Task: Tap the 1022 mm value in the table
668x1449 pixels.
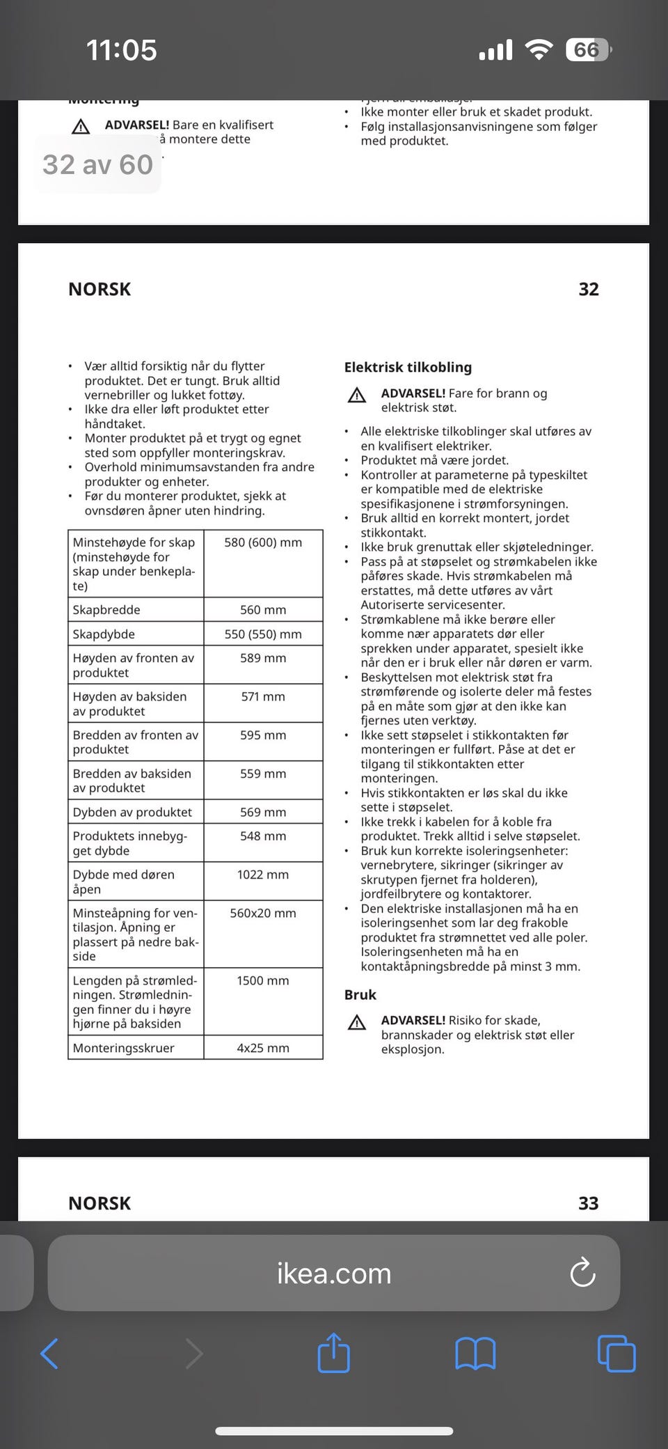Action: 263,875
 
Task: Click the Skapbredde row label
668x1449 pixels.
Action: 106,610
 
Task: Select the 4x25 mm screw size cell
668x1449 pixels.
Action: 263,1048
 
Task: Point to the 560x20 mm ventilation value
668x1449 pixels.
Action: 263,913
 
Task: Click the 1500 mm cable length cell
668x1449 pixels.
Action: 263,980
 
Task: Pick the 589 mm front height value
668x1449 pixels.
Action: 263,658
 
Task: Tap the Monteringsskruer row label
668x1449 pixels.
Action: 124,1048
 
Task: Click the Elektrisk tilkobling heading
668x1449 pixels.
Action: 408,367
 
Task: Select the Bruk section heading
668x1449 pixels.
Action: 360,994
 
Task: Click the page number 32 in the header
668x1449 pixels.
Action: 589,289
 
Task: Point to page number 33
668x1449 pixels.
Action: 589,1203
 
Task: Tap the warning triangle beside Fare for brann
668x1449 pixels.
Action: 357,395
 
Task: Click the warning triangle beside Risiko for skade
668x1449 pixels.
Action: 357,1022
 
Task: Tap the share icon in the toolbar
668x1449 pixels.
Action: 333,1353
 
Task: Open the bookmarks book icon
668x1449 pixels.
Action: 475,1354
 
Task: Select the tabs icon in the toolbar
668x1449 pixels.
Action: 617,1354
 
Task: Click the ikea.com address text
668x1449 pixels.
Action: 334,1274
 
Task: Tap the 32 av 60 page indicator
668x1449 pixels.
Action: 97,165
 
